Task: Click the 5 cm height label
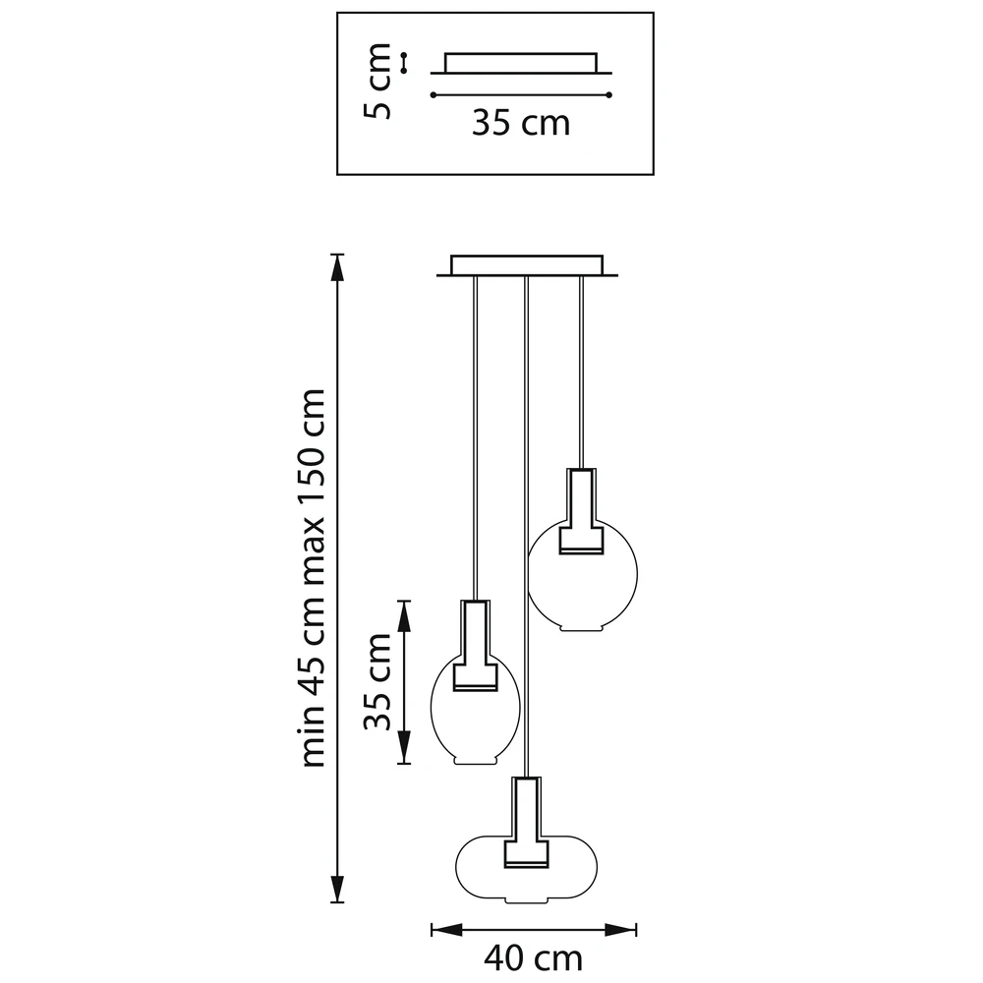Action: [x=376, y=82]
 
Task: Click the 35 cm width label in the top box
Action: [x=521, y=123]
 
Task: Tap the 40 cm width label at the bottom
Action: [x=533, y=957]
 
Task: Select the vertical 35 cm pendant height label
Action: [x=377, y=681]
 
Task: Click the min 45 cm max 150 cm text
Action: [x=314, y=578]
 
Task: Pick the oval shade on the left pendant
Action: [x=475, y=711]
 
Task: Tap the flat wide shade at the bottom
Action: [x=527, y=869]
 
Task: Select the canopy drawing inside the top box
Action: [x=520, y=63]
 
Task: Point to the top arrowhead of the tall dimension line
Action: [x=337, y=267]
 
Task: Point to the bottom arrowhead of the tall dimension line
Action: [x=337, y=889]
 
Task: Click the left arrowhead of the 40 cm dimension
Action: [x=446, y=930]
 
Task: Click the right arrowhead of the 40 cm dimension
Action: [x=620, y=930]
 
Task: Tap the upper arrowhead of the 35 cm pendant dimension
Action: [x=404, y=615]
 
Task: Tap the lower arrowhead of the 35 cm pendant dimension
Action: [x=404, y=748]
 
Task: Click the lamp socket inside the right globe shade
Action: [x=581, y=511]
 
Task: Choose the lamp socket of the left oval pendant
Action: [x=475, y=646]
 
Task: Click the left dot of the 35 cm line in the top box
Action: [x=434, y=95]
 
